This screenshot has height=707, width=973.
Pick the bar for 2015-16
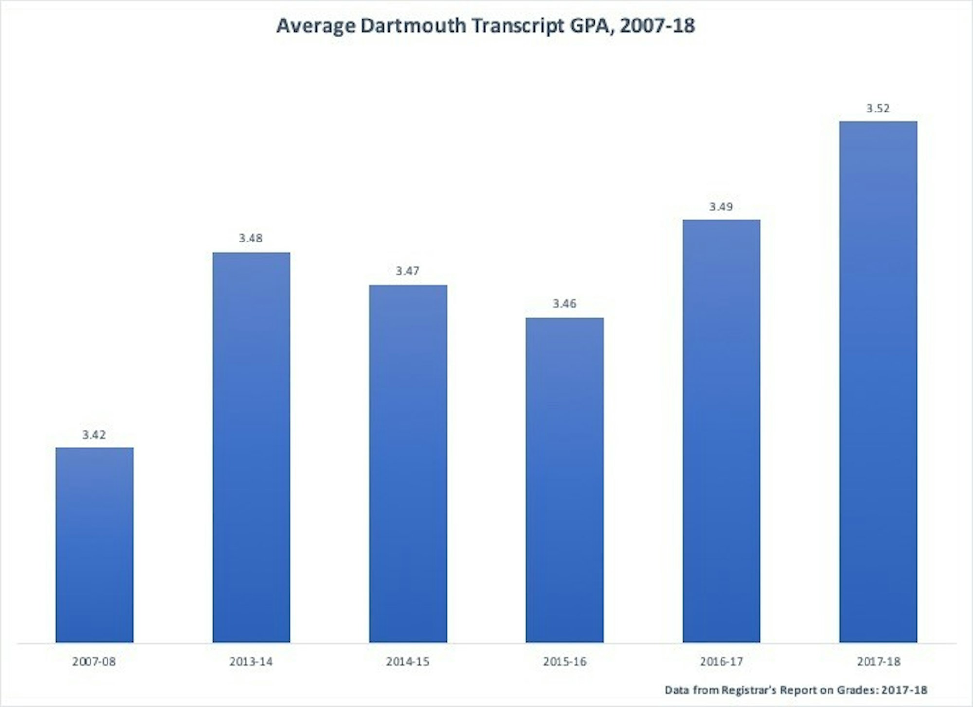point(564,480)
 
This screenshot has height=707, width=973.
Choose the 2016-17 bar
point(721,430)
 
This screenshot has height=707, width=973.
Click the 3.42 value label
point(94,435)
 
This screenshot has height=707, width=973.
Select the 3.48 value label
point(251,238)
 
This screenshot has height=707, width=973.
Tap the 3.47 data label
point(407,271)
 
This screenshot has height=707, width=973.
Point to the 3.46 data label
point(564,304)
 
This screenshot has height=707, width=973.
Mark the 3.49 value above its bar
point(721,206)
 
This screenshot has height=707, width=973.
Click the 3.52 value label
point(878,108)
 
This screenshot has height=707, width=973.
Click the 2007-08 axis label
point(94,662)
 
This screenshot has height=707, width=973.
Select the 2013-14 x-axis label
point(251,662)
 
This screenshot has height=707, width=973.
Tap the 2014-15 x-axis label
point(408,662)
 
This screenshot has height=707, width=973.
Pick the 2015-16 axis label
point(565,662)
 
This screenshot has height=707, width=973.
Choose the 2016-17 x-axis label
point(721,662)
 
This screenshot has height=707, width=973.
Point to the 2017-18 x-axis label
point(879,662)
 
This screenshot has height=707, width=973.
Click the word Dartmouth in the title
point(413,25)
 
